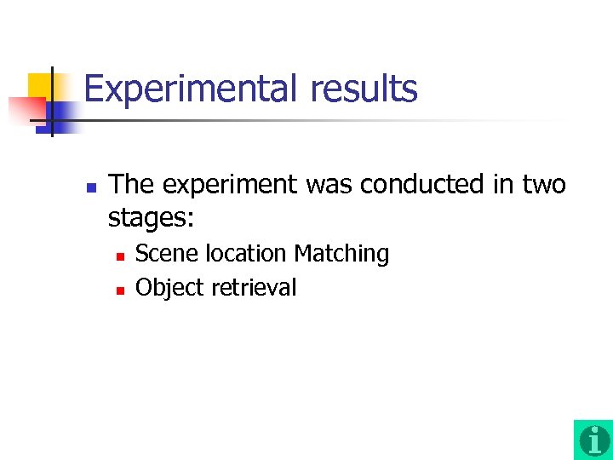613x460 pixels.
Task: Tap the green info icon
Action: [593, 440]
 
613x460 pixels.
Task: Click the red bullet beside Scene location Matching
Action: [120, 256]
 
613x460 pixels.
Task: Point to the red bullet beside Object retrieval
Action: [120, 290]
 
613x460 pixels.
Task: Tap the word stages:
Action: [152, 218]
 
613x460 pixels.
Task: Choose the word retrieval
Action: [254, 288]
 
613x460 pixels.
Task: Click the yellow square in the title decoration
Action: [40, 86]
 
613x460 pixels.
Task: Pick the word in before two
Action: [501, 184]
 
